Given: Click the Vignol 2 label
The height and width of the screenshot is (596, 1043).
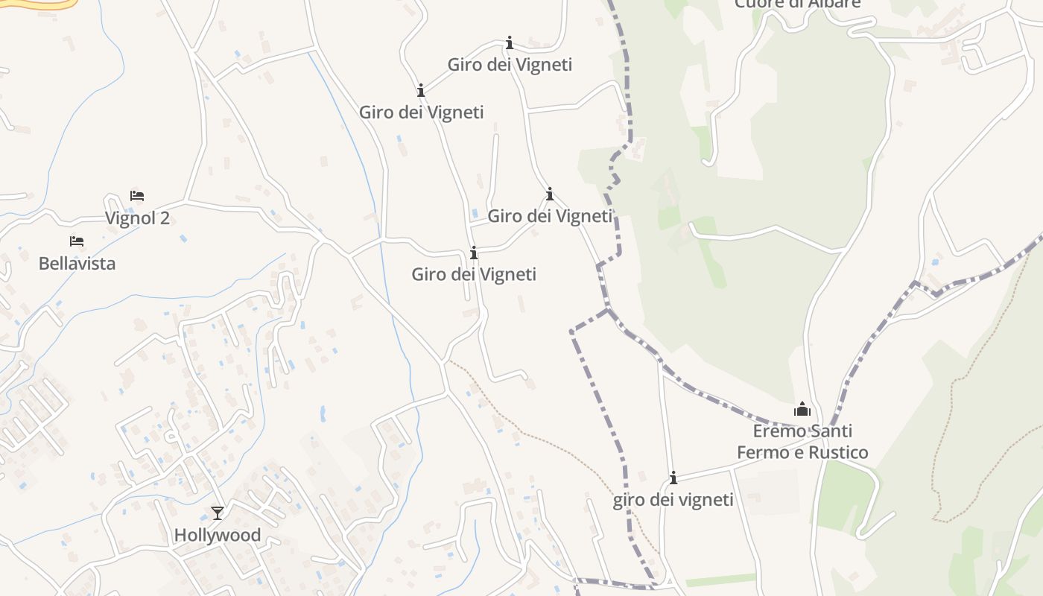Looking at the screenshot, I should [137, 218].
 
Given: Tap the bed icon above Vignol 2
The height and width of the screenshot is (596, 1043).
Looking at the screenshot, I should [137, 196].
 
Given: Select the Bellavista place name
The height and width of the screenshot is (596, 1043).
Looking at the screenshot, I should [77, 264].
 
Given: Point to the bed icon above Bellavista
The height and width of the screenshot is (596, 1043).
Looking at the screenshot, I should [77, 241].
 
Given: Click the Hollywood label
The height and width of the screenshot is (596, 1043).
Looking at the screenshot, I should [217, 535].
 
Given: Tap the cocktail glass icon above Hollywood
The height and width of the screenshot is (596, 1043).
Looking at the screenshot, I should [217, 513].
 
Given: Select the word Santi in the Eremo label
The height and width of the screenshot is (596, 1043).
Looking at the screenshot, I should [830, 431].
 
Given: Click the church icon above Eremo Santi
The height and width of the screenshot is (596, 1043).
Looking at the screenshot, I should [802, 409].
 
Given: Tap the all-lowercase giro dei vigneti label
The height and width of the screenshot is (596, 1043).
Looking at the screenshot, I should [673, 500].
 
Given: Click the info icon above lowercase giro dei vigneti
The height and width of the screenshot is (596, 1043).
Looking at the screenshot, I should [673, 478].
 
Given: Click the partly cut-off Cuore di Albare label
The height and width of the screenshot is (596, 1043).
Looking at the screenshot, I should [797, 4].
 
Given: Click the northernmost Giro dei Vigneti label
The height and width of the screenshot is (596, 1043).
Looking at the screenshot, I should [510, 65].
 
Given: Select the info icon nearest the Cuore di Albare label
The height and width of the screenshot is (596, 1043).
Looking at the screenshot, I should [510, 42].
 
